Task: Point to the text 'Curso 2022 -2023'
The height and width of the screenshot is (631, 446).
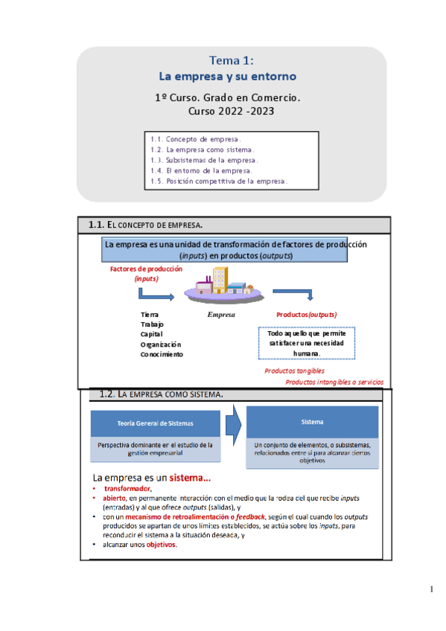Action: click(232, 112)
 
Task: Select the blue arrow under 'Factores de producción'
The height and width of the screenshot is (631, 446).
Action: click(156, 296)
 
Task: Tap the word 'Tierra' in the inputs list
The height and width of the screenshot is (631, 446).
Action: click(150, 315)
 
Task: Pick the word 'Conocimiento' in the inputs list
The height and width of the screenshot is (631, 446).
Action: click(162, 354)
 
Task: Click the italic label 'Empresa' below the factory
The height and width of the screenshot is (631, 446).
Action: click(220, 315)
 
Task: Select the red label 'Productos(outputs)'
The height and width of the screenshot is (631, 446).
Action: click(306, 315)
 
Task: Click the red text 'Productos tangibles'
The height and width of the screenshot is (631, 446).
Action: click(294, 371)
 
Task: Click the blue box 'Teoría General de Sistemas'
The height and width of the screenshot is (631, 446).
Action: click(155, 423)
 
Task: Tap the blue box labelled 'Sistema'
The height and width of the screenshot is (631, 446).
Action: click(312, 422)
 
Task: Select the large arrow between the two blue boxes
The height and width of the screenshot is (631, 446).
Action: click(232, 423)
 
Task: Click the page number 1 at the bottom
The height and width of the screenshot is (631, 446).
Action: click(431, 590)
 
